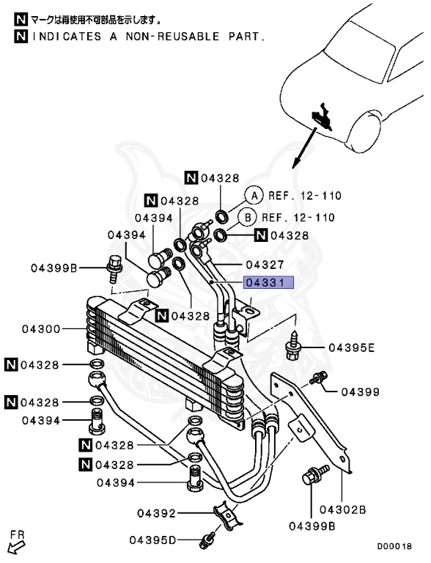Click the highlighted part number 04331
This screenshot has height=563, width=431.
269,282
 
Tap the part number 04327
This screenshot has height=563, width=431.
265,265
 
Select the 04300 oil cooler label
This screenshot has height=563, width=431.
41,329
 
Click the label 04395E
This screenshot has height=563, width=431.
352,347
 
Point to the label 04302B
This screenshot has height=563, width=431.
342,509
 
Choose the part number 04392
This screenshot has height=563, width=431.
157,513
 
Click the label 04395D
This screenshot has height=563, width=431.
153,540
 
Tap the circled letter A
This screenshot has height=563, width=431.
254,196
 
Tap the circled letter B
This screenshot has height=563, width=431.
248,218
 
